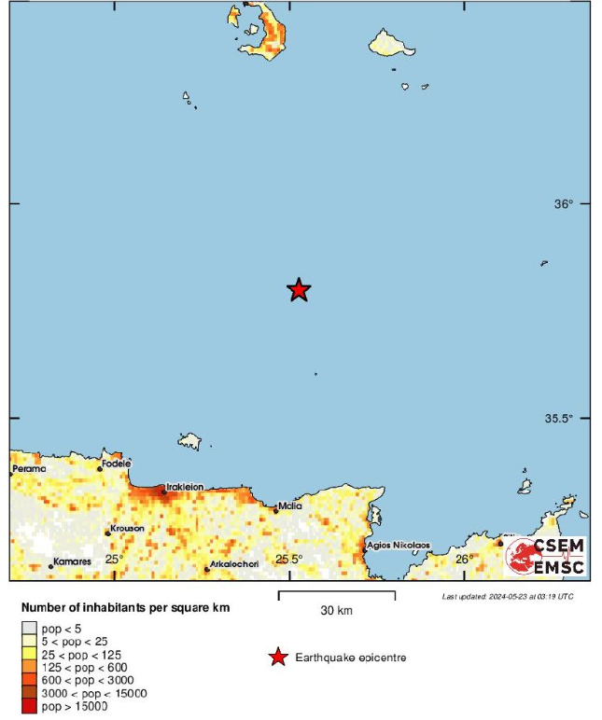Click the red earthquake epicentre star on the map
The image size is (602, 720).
click(x=298, y=290)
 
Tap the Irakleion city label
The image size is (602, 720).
click(x=184, y=487)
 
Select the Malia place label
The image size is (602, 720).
click(x=290, y=505)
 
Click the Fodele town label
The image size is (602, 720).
click(x=117, y=464)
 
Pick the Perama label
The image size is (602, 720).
click(x=29, y=468)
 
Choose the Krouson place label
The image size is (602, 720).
click(x=127, y=529)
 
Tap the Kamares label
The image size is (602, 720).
click(x=72, y=561)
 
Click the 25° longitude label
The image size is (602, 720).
click(x=113, y=559)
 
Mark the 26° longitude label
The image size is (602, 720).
click(x=464, y=559)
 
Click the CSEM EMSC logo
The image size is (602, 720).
click(x=545, y=557)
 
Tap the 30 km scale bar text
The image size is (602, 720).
click(x=337, y=611)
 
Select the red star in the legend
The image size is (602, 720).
click(x=277, y=658)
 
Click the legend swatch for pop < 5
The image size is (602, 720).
click(x=29, y=630)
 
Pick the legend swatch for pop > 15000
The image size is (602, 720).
click(x=29, y=706)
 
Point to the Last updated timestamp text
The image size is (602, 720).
click(x=508, y=596)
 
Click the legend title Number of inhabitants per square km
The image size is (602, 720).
click(x=125, y=608)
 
